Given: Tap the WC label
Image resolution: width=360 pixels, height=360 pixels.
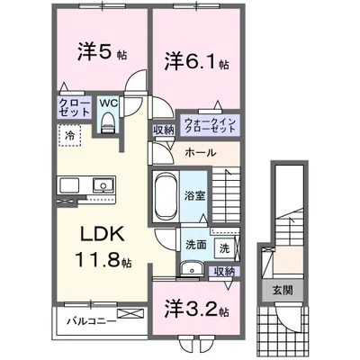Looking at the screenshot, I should click(x=107, y=103).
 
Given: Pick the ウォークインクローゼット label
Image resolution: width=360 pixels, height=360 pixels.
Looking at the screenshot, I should click(x=211, y=126).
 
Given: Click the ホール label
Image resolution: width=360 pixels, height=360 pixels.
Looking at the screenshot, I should click(x=199, y=153).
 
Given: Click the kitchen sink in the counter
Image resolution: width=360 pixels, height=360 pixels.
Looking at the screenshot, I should click(x=102, y=186).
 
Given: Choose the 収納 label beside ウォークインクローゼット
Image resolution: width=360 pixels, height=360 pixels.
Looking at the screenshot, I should click(x=165, y=130).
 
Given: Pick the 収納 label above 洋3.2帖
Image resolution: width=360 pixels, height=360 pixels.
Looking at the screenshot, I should click(x=224, y=271).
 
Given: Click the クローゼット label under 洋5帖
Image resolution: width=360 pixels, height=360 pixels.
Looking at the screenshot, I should click(x=74, y=108).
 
